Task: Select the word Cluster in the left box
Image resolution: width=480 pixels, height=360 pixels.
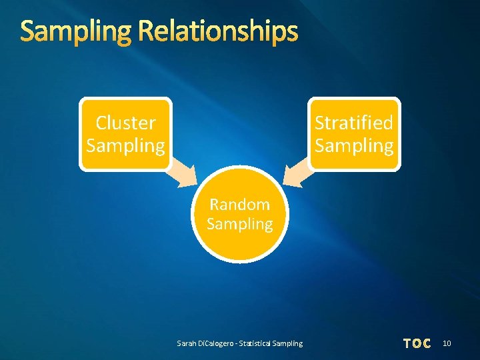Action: click(125, 123)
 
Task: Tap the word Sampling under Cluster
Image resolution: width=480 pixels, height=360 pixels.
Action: click(125, 145)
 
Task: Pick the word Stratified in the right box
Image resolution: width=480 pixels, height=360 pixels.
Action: click(354, 123)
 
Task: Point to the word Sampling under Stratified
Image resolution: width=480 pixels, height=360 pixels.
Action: click(354, 145)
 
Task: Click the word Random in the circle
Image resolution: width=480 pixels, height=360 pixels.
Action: click(239, 204)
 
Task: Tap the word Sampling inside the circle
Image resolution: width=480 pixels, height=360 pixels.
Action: click(239, 224)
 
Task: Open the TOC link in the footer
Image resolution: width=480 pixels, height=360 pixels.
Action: click(417, 343)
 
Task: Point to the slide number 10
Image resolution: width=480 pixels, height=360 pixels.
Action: click(447, 343)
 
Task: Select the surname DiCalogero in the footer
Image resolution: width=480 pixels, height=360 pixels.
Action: click(217, 343)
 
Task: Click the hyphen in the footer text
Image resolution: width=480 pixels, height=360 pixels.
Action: click(241, 343)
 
